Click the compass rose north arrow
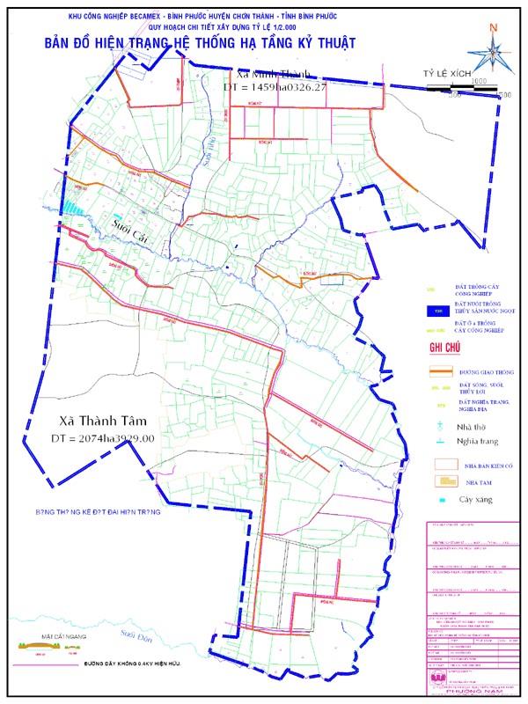494,55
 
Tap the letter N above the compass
496,26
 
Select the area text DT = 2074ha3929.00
102,437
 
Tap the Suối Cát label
132,226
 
